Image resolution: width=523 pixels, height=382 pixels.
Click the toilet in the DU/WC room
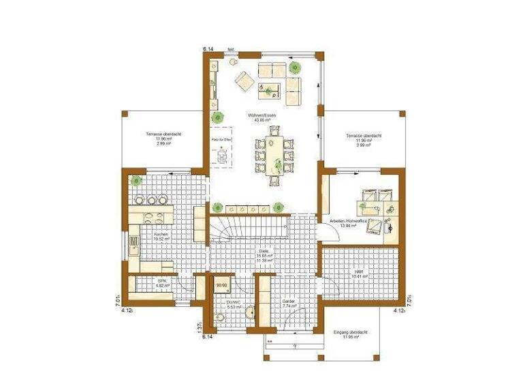tap(219, 317)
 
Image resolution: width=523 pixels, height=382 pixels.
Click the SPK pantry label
tap(162, 282)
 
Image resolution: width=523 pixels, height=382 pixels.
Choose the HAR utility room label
tap(359, 271)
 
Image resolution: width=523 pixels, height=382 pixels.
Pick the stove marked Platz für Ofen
tap(222, 155)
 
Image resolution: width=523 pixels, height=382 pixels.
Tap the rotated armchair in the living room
tap(245, 81)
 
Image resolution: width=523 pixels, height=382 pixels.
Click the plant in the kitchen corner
tap(137, 181)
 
